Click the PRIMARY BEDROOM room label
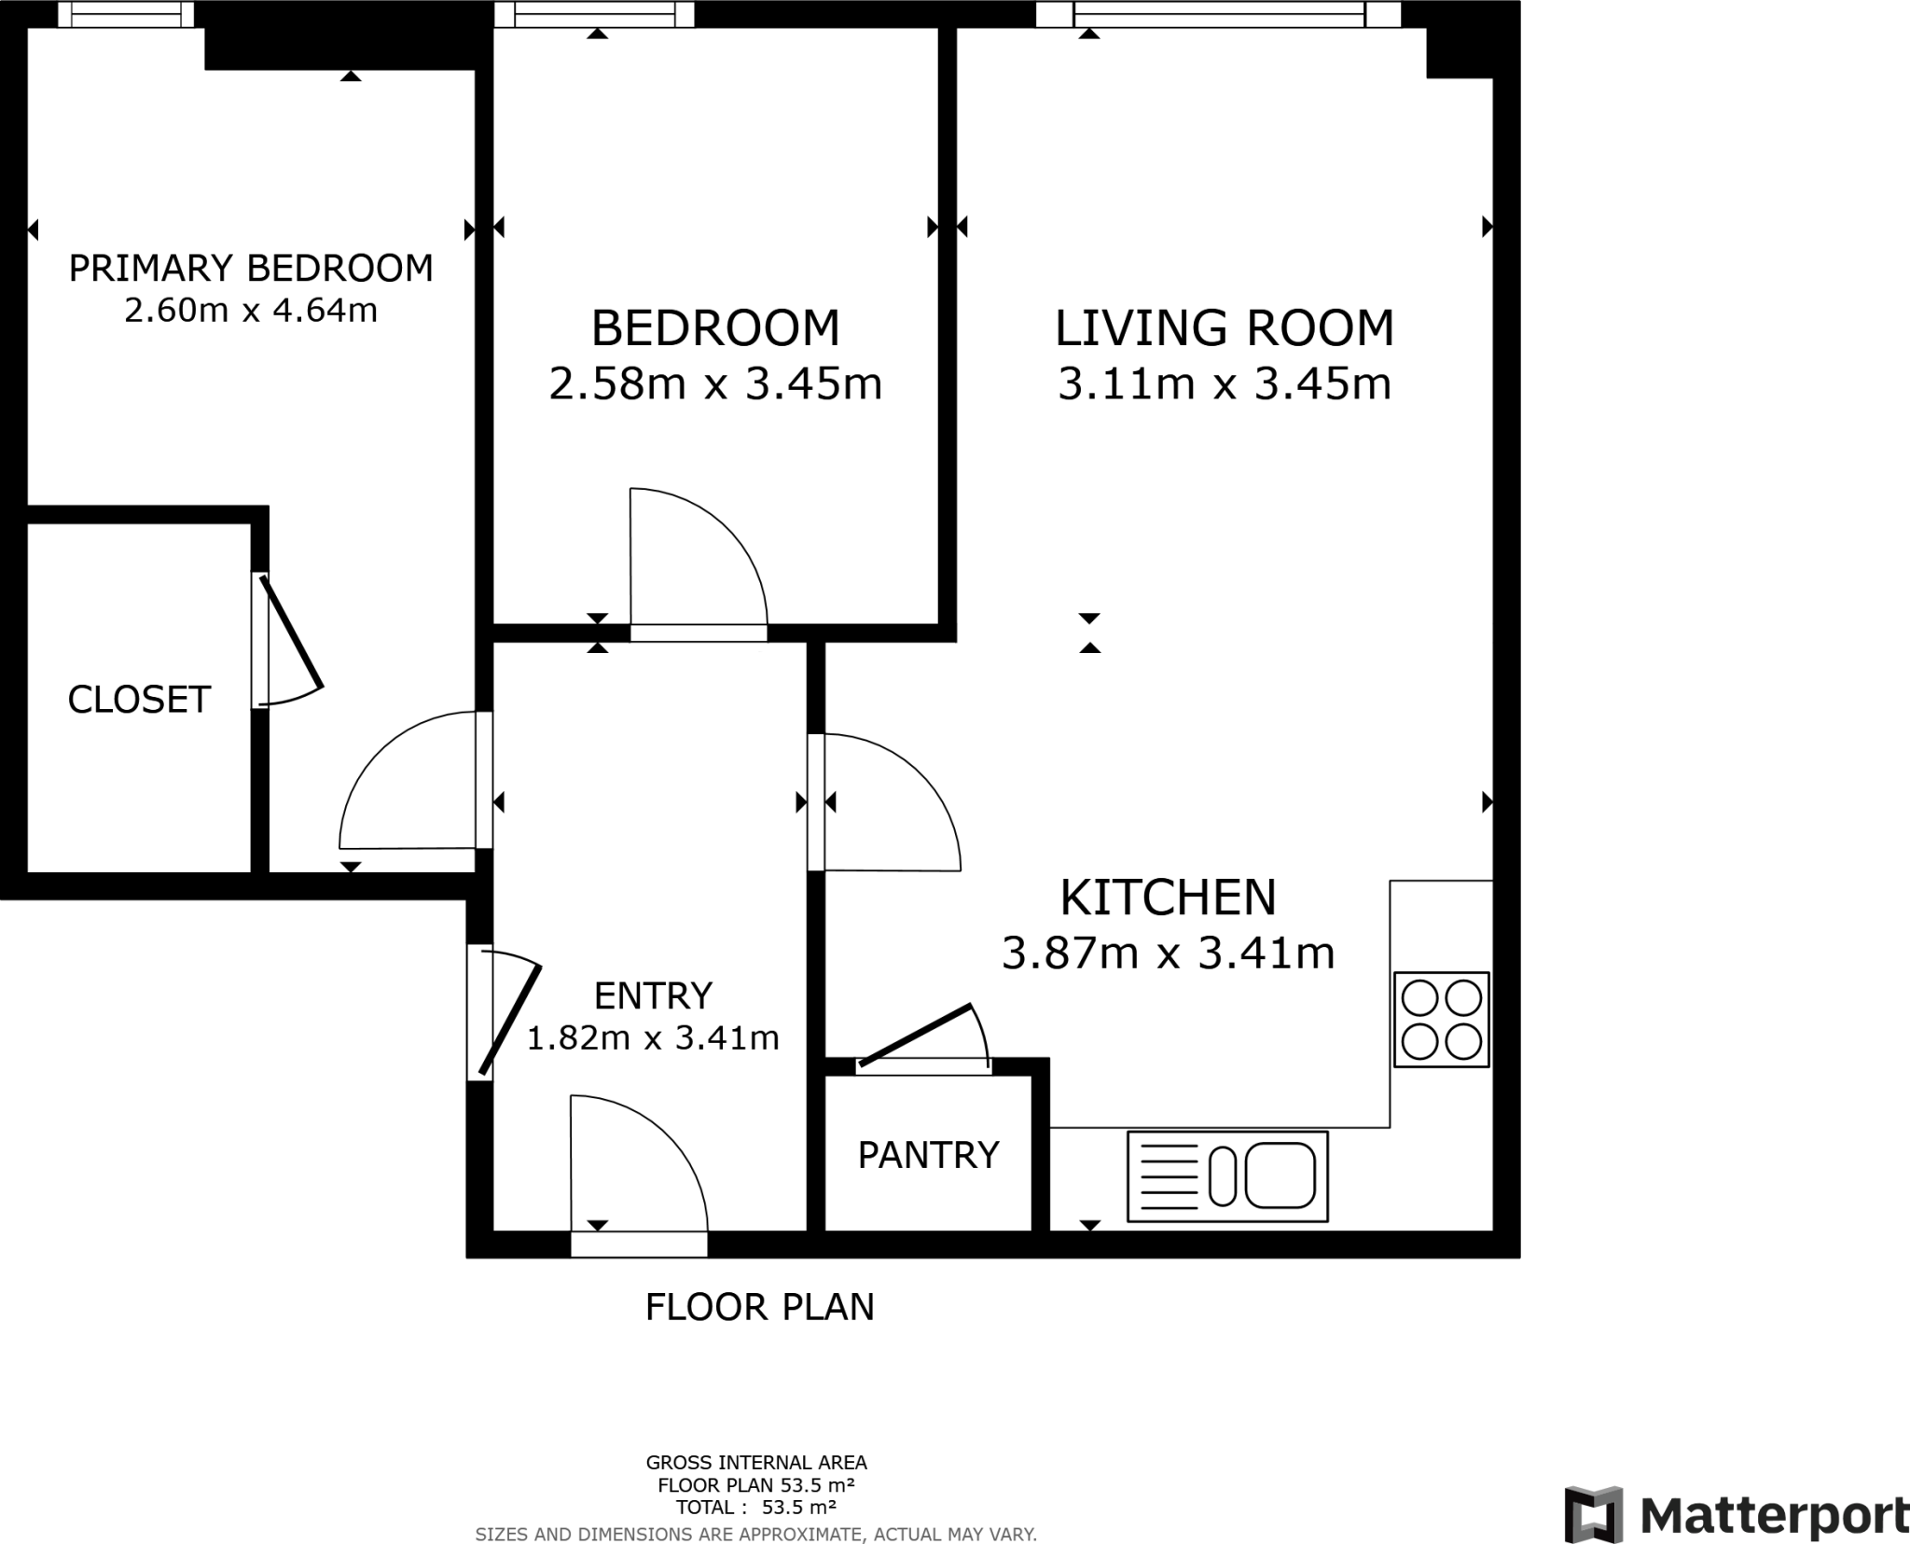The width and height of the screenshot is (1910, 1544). coord(251,269)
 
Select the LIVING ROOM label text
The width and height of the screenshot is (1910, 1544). coord(1224,328)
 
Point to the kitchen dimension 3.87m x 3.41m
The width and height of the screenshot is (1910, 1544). coord(1168,953)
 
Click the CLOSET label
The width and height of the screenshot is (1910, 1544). coord(139,700)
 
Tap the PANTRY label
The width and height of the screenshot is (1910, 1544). coord(928,1156)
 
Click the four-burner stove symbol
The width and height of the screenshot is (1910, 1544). coord(1441,1020)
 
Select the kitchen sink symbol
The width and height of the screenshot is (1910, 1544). coord(1227,1176)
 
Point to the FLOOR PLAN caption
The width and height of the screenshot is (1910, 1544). coord(759,1307)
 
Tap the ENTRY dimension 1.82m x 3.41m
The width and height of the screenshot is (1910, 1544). coord(653,1037)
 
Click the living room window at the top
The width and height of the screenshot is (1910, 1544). coord(1218,13)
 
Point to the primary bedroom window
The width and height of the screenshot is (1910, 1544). coord(126,13)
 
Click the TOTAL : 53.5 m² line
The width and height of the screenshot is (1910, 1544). coord(755,1507)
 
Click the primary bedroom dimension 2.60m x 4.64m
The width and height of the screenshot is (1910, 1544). coord(251,311)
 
